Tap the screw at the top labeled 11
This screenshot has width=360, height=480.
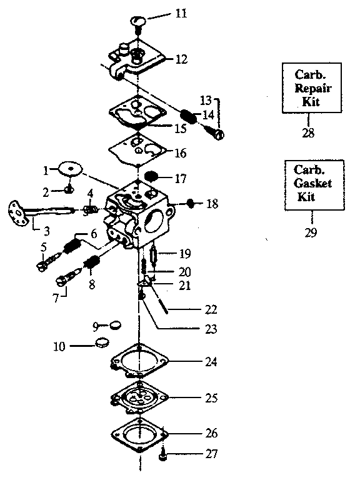(139, 22)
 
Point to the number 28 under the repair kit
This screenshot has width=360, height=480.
(307, 132)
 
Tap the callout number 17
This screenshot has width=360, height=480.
(181, 178)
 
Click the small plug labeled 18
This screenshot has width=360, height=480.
(192, 204)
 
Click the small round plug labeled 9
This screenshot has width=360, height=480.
(114, 325)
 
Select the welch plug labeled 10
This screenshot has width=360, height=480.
(102, 343)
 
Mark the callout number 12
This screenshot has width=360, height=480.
(181, 59)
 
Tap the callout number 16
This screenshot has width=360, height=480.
(180, 152)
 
